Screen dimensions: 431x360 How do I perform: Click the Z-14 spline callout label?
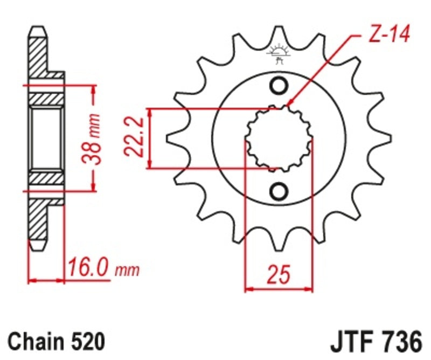pyautogui.click(x=389, y=34)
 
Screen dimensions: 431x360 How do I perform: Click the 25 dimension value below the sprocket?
pyautogui.click(x=279, y=274)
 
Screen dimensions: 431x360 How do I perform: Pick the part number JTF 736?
pyautogui.click(x=376, y=341)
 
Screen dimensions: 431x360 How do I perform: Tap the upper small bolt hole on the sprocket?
pyautogui.click(x=279, y=86)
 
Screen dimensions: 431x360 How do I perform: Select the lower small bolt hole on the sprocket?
pyautogui.click(x=279, y=191)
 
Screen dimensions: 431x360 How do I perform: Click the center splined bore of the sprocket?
pyautogui.click(x=279, y=139)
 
